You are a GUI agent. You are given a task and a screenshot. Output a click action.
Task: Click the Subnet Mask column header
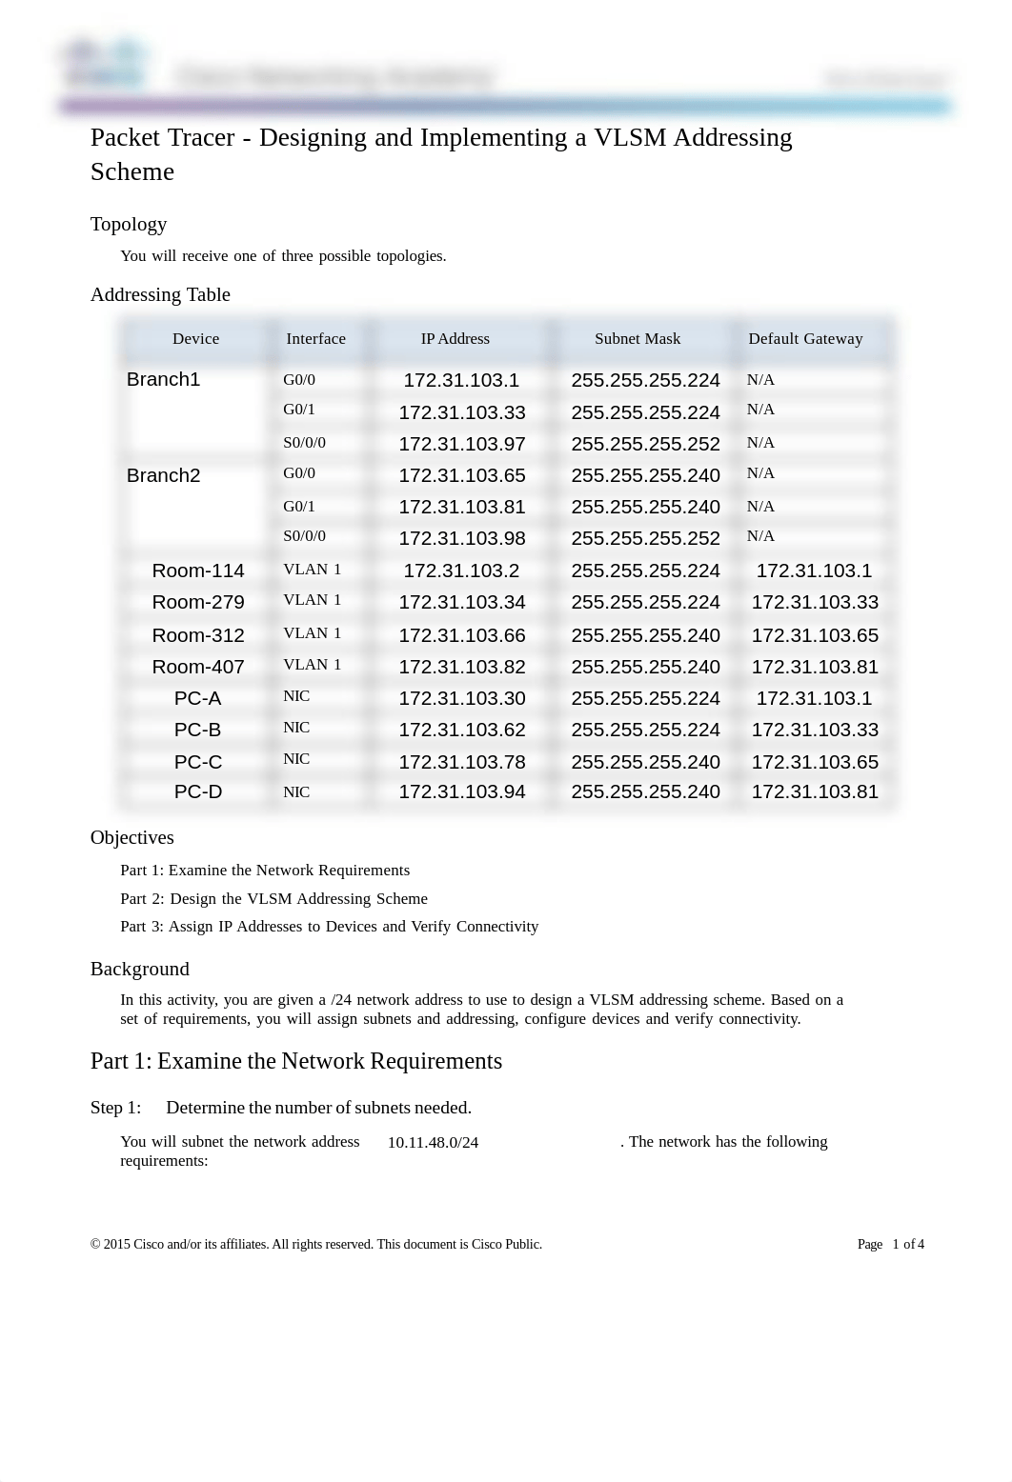(638, 339)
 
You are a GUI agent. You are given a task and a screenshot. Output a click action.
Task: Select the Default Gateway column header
(805, 339)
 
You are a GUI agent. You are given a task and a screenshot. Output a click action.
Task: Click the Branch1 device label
(163, 380)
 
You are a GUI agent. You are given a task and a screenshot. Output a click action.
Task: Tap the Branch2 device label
(163, 476)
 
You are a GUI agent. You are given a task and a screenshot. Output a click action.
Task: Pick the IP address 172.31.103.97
(462, 444)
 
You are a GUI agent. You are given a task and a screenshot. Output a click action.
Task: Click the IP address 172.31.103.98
(462, 539)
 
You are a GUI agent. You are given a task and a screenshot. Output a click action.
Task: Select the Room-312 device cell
(198, 635)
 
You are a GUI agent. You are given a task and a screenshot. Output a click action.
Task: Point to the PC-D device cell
(198, 792)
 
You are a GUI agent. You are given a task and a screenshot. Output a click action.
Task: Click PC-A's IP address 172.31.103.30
(462, 699)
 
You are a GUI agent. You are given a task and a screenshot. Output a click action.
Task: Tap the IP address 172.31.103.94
(462, 792)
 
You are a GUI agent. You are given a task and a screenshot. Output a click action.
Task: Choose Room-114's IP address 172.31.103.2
(461, 571)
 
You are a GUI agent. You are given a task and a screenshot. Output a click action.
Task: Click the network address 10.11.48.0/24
(433, 1143)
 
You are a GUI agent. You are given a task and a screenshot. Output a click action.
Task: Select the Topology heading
(129, 225)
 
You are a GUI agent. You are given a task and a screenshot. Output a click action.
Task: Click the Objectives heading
(132, 838)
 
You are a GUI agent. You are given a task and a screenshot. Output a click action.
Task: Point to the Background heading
(140, 970)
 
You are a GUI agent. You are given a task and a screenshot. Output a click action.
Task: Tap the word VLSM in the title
(630, 138)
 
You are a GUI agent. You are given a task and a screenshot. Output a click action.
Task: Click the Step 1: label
(115, 1108)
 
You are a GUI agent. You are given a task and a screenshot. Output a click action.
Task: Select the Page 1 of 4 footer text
(890, 1245)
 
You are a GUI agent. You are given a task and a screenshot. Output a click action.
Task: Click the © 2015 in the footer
(111, 1245)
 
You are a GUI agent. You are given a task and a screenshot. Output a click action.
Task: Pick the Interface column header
(315, 339)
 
